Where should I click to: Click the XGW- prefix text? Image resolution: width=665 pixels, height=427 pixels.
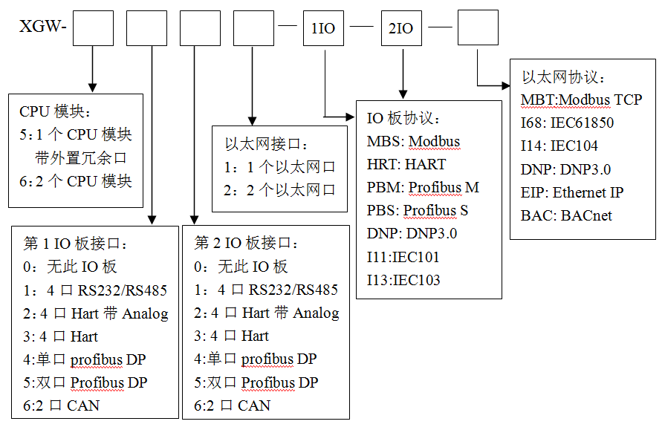pos(43,28)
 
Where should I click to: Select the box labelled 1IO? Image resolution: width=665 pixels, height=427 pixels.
pos(322,28)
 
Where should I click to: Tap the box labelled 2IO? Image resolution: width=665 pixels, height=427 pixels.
pos(400,28)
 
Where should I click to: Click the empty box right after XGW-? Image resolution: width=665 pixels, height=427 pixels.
pos(93,28)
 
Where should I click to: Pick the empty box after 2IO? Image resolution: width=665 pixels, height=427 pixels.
pos(478,28)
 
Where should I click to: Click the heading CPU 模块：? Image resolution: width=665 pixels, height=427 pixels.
pos(54,111)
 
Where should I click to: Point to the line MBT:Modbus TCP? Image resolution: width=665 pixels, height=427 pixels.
pos(581,100)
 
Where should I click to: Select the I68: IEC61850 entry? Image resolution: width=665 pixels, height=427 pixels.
pos(567,123)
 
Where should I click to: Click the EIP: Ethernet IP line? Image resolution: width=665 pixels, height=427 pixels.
pos(572,192)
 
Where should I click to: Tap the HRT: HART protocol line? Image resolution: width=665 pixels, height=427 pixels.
pos(406,164)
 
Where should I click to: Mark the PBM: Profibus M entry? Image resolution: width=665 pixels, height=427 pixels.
pos(423,187)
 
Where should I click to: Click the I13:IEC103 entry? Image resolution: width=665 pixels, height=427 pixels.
pos(403,280)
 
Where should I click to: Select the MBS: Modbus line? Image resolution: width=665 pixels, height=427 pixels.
pos(413,141)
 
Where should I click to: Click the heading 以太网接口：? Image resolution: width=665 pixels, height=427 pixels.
pos(265,144)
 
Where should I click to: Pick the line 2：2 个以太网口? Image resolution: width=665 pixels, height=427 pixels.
pos(279,190)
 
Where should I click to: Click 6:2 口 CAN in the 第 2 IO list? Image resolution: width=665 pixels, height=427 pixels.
pos(232,405)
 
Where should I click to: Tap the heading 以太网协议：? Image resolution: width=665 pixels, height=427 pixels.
pos(562,76)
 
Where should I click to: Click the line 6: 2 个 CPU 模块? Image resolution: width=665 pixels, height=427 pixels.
pos(76,180)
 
